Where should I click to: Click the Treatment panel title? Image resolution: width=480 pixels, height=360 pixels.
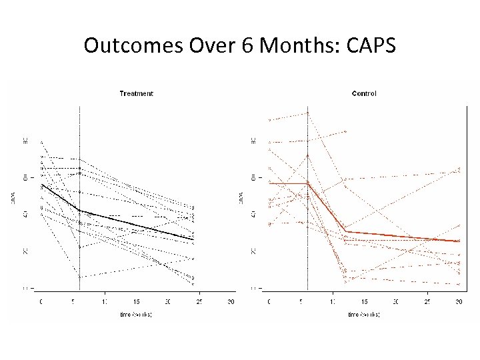tap(136, 94)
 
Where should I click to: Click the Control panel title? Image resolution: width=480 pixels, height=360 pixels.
tap(364, 94)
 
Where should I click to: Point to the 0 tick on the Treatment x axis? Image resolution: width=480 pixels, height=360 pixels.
tap(41, 302)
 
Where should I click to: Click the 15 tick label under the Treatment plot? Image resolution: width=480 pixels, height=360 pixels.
tap(136, 302)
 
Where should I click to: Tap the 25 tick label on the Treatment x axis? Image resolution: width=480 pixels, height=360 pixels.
tap(199, 302)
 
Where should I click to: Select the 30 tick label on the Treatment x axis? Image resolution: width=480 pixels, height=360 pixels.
tap(231, 302)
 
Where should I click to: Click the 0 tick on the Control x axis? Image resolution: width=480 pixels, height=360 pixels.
tap(269, 302)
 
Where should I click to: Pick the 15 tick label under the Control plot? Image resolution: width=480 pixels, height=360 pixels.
tap(364, 302)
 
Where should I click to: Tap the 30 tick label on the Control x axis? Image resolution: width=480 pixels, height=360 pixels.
tap(459, 302)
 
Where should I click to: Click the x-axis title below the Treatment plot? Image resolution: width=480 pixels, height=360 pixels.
tap(136, 314)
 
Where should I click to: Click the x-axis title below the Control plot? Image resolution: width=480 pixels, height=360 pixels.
tap(364, 314)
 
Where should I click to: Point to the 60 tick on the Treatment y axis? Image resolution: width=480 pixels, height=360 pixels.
tap(25, 177)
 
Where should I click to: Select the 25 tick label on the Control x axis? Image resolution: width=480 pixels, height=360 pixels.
tap(427, 302)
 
